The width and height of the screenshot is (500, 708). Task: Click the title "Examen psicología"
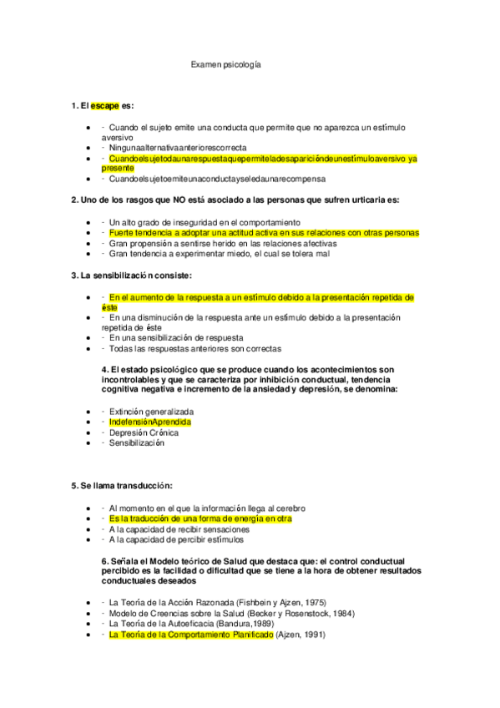[x=225, y=63]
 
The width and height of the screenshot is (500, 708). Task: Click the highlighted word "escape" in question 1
[x=105, y=106]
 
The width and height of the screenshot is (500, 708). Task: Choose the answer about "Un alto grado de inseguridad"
[x=205, y=222]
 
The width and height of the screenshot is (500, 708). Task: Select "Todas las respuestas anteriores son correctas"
[x=195, y=348]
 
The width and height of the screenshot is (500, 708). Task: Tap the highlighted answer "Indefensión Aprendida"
[x=150, y=422]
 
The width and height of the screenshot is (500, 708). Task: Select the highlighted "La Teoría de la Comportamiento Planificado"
[x=202, y=635]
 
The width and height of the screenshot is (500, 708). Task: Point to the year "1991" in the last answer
[x=312, y=635]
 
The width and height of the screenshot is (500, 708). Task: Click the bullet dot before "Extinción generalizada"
[x=89, y=412]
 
